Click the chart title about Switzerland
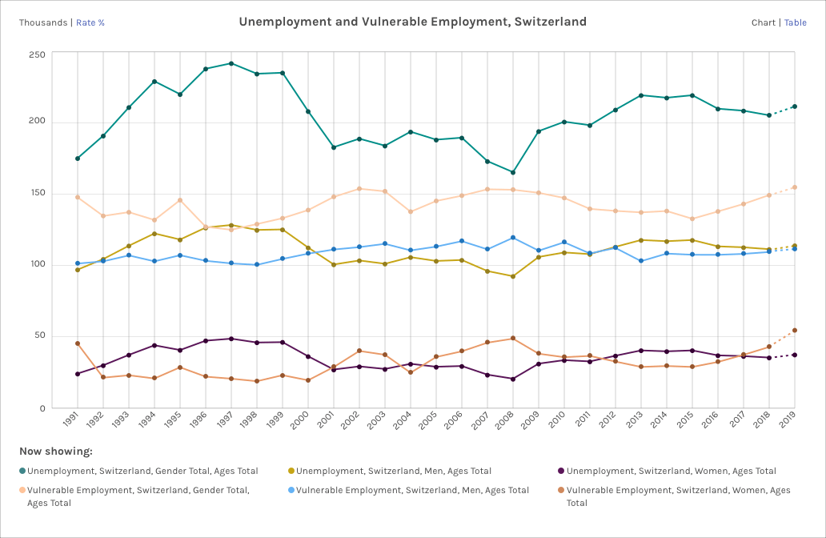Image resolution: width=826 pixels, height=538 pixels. click(412, 22)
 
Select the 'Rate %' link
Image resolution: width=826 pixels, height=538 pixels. click(90, 22)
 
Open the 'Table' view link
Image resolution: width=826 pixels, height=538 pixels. click(795, 22)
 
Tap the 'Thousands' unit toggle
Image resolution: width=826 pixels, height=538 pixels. click(43, 22)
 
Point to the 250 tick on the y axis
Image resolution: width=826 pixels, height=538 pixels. click(37, 54)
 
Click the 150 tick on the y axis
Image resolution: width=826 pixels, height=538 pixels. click(37, 194)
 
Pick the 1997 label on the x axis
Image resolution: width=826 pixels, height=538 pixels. click(227, 420)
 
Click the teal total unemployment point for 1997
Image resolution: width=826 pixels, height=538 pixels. click(231, 63)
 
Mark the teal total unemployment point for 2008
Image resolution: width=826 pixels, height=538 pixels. click(513, 172)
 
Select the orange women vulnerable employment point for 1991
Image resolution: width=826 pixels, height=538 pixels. click(78, 343)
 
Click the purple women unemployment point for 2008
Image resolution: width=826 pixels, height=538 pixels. click(513, 379)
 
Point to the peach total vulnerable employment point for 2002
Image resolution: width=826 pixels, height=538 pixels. click(359, 189)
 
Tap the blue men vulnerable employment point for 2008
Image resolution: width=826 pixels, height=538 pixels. click(513, 238)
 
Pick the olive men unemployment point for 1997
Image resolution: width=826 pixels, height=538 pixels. click(231, 225)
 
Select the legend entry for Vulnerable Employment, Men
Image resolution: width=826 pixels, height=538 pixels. click(412, 490)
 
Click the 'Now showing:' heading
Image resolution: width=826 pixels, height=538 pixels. click(56, 452)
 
